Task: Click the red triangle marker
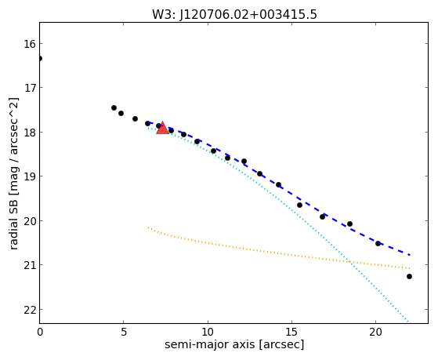(x=162, y=128)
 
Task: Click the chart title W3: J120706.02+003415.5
(x=234, y=15)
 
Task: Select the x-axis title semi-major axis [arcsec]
(x=234, y=344)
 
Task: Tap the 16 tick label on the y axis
(x=30, y=44)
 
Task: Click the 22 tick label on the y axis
(x=30, y=310)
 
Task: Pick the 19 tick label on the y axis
(x=30, y=176)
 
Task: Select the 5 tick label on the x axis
(x=124, y=332)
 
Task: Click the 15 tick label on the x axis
(x=292, y=332)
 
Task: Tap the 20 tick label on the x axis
(x=375, y=332)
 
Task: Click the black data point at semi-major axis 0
(x=40, y=58)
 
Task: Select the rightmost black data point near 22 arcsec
(x=409, y=276)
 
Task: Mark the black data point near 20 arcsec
(x=378, y=243)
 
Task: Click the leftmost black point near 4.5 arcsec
(x=114, y=107)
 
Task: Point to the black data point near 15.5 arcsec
(x=300, y=205)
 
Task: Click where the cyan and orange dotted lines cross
(x=349, y=262)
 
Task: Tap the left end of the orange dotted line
(x=148, y=227)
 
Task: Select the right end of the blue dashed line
(x=410, y=255)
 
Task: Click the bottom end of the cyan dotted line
(x=407, y=322)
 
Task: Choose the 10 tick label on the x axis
(x=208, y=332)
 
